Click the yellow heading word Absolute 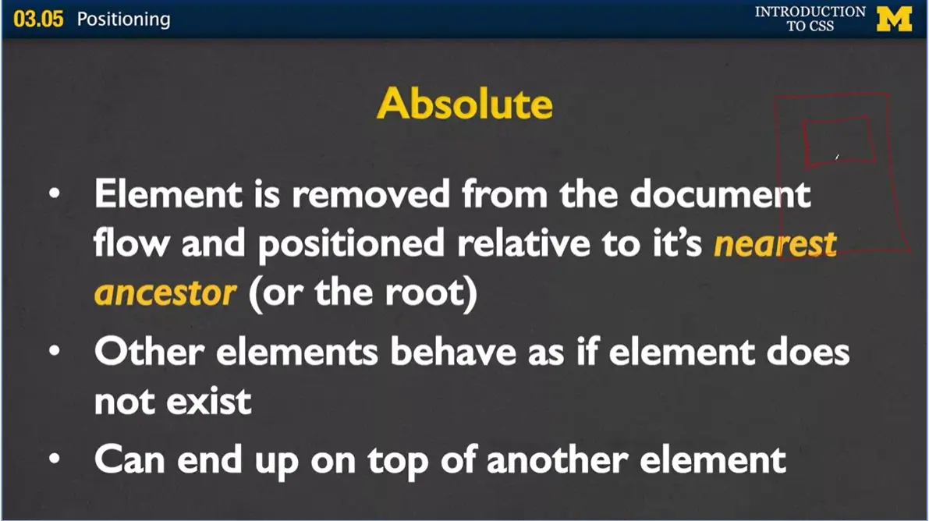[x=465, y=104]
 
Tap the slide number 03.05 [x=38, y=19]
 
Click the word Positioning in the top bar [x=123, y=19]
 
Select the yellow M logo [x=894, y=19]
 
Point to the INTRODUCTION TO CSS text [x=810, y=19]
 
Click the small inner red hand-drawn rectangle [x=839, y=141]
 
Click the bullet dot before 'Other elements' [x=52, y=353]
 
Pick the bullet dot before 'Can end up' [x=52, y=460]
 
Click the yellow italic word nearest [x=775, y=245]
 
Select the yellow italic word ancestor [x=165, y=293]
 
